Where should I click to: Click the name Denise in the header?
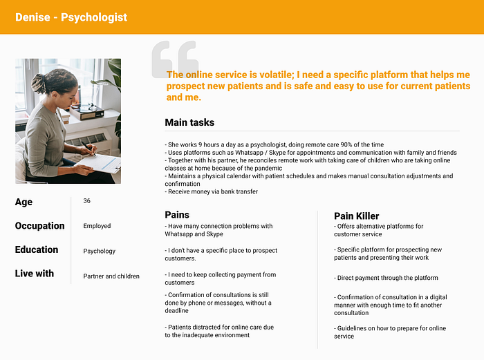pyautogui.click(x=32, y=17)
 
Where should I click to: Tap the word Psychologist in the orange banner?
pyautogui.click(x=94, y=17)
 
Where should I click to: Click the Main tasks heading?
pyautogui.click(x=189, y=122)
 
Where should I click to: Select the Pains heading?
pyautogui.click(x=177, y=215)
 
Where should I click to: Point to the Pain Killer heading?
pyautogui.click(x=356, y=216)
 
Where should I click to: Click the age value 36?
pyautogui.click(x=86, y=201)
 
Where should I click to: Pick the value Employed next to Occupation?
pyautogui.click(x=97, y=226)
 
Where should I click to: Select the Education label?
pyautogui.click(x=37, y=249)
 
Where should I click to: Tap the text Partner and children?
pyautogui.click(x=111, y=276)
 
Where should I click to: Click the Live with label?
pyautogui.click(x=35, y=274)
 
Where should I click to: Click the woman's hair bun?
pyautogui.click(x=39, y=84)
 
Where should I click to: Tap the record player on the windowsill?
pyautogui.click(x=87, y=111)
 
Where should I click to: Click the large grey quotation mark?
pyautogui.click(x=175, y=59)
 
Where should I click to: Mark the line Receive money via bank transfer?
pyautogui.click(x=212, y=191)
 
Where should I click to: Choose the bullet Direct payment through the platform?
pyautogui.click(x=386, y=278)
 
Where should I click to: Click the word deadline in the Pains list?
pyautogui.click(x=176, y=311)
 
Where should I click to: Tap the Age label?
pyautogui.click(x=24, y=202)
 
